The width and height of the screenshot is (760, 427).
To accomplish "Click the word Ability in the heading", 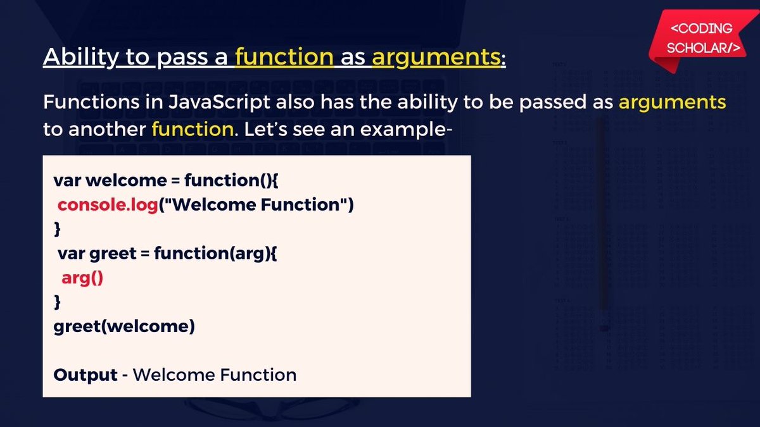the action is (81, 57).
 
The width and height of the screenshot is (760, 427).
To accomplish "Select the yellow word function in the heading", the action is (284, 56).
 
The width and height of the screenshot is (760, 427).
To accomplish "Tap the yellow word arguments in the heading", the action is (436, 58).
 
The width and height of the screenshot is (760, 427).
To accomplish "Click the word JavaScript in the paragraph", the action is (220, 102).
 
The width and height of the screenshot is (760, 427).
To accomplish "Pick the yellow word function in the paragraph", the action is (193, 129).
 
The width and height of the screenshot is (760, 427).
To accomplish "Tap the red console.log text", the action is (108, 206).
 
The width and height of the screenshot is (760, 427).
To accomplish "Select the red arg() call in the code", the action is (82, 278).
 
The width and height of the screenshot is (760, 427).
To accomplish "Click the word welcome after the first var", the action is (126, 180).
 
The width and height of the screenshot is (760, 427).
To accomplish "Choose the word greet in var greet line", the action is (113, 254).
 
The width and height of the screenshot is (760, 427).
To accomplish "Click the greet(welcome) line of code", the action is (124, 326).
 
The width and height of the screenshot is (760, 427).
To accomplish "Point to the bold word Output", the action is (85, 374).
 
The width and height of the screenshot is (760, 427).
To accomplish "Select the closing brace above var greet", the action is (58, 229).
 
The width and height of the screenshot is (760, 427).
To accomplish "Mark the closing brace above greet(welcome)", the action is (58, 302).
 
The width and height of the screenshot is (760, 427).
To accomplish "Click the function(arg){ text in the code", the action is (215, 254).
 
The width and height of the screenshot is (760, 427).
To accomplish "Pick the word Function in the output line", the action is (258, 374).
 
